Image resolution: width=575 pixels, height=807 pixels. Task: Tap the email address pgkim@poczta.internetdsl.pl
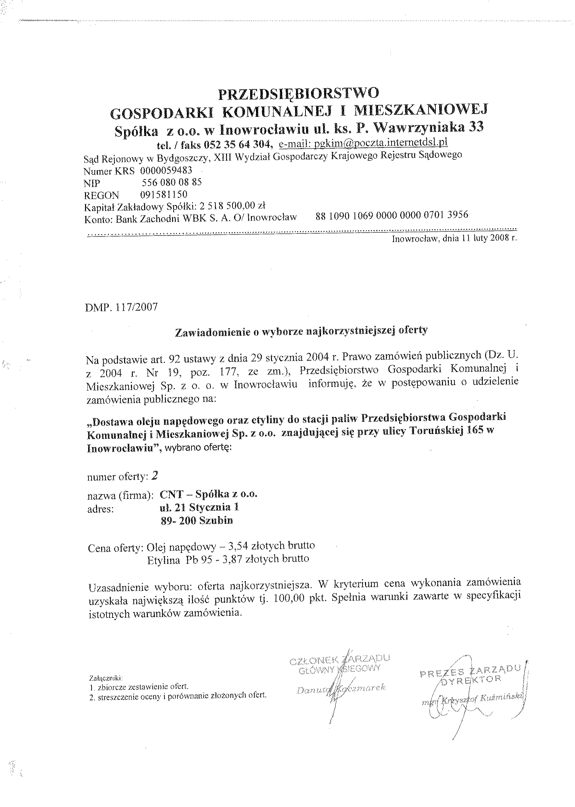pos(363,142)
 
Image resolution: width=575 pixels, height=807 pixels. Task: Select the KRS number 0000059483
pos(167,170)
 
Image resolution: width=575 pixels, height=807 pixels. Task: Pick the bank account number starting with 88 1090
pos(392,215)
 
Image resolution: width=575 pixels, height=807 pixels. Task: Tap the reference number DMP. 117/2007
pos(121,307)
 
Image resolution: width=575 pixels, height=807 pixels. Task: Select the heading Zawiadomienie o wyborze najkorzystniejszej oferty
pos(302,331)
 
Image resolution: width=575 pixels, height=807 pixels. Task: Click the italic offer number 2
pos(154,476)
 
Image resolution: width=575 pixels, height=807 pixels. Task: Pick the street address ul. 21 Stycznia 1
pos(199,507)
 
